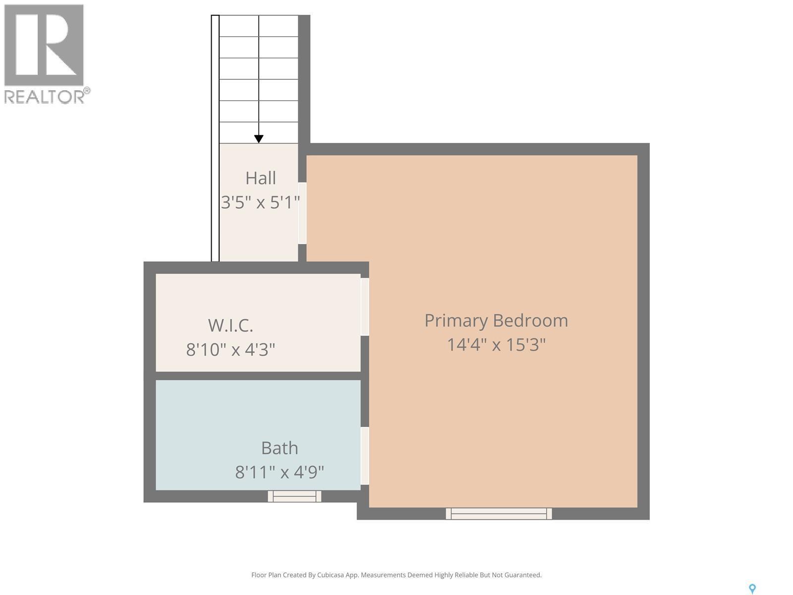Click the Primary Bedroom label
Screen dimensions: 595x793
tap(496, 320)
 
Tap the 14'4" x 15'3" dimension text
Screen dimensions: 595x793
tap(496, 345)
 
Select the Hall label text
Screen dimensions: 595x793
tap(261, 178)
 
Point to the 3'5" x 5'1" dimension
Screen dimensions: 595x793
tap(260, 202)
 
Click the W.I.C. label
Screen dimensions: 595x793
tap(230, 325)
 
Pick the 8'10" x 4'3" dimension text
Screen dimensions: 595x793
tap(230, 350)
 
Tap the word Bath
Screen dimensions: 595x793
tap(280, 448)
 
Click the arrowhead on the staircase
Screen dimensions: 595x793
tap(259, 139)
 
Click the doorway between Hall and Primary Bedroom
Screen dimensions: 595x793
tap(302, 213)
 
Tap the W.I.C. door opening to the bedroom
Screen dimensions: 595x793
tap(365, 306)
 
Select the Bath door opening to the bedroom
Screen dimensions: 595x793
tap(365, 456)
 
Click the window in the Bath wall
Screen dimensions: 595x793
tap(294, 496)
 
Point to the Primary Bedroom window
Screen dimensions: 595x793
tap(499, 514)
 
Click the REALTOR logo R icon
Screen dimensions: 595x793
tap(44, 45)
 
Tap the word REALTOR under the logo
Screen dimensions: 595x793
tap(45, 97)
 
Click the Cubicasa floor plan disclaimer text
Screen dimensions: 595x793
tap(396, 575)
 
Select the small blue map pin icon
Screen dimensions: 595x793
tap(752, 589)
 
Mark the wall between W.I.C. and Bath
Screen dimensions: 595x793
tap(258, 376)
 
